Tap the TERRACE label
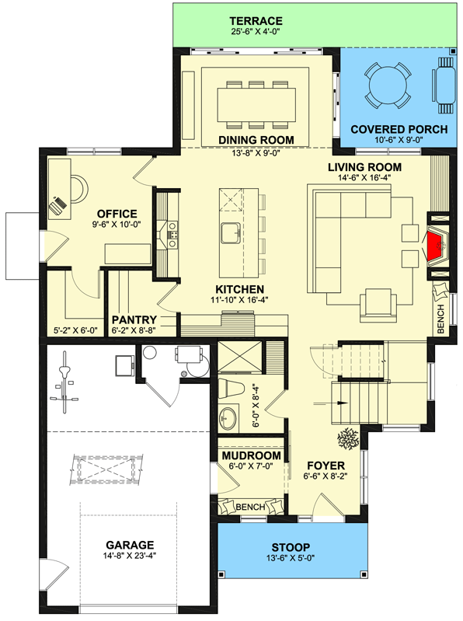point(256,20)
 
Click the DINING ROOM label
point(256,139)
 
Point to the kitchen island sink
point(231,232)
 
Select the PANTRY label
point(134,319)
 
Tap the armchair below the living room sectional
point(378,303)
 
